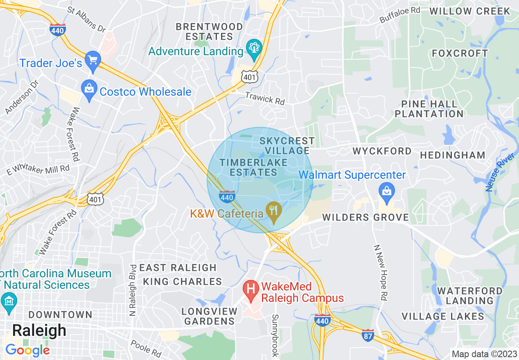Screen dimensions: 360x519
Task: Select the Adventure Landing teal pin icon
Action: tap(254, 49)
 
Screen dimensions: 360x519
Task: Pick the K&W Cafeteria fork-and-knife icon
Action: tap(273, 211)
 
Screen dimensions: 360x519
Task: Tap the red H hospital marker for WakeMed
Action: tap(250, 289)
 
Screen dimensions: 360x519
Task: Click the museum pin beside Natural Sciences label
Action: tap(9, 301)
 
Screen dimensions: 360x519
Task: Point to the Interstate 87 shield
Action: tap(368, 335)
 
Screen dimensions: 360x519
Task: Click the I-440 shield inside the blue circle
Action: tap(227, 197)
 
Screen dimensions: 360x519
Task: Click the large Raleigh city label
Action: tap(39, 331)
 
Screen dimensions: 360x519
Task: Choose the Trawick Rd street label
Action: tap(264, 98)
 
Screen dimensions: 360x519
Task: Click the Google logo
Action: tap(27, 350)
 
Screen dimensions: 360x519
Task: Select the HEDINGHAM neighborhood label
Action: tap(452, 155)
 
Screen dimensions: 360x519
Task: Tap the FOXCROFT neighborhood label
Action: tap(460, 54)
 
